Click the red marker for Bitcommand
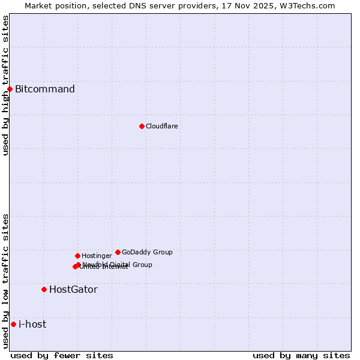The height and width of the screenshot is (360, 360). [10, 89]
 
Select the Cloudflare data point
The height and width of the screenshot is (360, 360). [142, 126]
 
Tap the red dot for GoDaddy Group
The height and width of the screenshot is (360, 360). [118, 252]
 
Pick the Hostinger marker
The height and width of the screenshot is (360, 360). [77, 256]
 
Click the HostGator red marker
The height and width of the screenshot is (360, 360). [44, 289]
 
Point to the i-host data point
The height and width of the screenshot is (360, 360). [13, 324]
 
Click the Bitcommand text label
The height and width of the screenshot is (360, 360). [45, 89]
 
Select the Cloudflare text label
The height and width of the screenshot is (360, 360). [162, 126]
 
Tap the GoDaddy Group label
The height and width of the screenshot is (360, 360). [147, 252]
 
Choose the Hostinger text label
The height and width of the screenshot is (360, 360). [97, 256]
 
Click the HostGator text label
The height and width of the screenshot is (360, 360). [73, 289]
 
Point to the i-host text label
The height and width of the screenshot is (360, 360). [32, 324]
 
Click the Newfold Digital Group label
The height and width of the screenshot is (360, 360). [118, 264]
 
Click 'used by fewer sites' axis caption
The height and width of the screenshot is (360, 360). [62, 355]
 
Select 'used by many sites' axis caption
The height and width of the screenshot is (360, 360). [301, 355]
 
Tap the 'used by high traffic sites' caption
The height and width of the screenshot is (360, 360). [5, 85]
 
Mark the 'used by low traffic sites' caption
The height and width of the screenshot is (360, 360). [5, 281]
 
